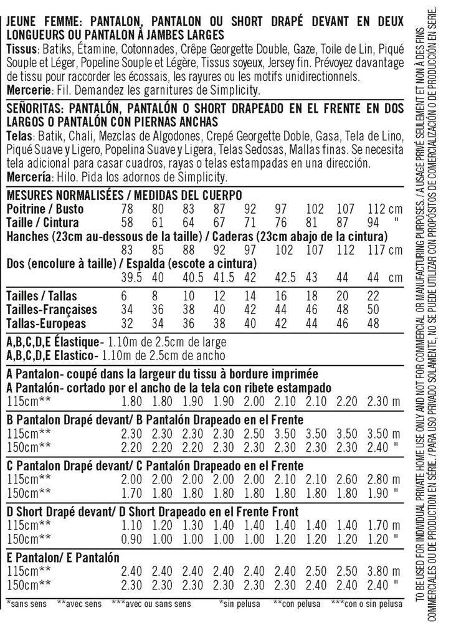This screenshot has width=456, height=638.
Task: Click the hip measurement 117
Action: pyautogui.click(x=377, y=249)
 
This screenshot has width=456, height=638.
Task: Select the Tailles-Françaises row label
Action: pyautogui.click(x=51, y=310)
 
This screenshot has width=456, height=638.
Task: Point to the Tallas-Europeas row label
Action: pyautogui.click(x=45, y=324)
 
